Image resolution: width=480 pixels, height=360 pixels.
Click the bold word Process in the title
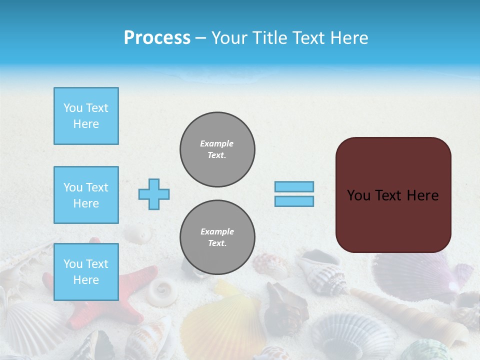coord(157,38)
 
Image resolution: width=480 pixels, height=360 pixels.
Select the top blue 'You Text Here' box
coord(86,116)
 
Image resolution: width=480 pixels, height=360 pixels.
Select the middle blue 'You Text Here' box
coord(86,195)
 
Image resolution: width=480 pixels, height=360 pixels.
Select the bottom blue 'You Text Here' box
coord(86,272)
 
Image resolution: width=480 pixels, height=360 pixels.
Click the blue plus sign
coord(154,194)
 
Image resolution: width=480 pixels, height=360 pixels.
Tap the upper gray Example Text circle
coord(217,149)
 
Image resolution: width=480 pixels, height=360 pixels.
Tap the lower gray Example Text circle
coord(217,237)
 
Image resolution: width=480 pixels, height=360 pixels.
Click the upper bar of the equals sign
coord(294,186)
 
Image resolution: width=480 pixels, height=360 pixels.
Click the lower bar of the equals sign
coord(294,201)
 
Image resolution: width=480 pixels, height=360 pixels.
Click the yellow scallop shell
coord(225,320)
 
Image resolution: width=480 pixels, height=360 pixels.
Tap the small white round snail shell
coord(161,290)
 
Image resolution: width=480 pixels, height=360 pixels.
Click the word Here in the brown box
coord(422,195)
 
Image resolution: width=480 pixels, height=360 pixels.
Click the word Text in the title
coord(311,38)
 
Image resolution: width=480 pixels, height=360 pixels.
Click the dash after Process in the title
coord(201,38)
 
